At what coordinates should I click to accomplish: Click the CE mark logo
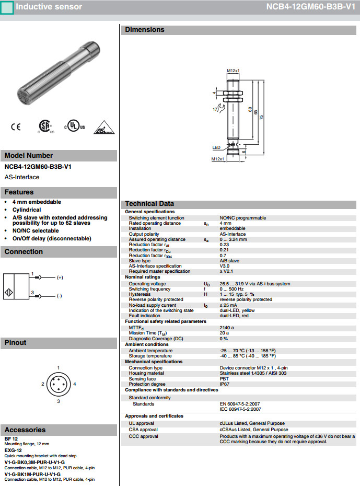click(16, 127)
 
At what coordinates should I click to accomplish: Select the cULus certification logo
click(74, 127)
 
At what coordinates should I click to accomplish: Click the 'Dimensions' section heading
click(144, 30)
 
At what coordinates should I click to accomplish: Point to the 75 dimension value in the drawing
click(261, 117)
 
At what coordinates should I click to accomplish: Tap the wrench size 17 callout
click(215, 109)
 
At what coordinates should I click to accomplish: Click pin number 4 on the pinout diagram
click(75, 384)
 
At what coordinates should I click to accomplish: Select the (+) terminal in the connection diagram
click(60, 277)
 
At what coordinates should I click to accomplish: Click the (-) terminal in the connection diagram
click(60, 296)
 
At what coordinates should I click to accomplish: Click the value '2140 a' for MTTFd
click(227, 327)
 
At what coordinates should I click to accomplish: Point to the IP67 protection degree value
click(225, 384)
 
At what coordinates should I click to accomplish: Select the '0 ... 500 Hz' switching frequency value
click(231, 289)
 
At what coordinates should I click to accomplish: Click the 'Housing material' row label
click(146, 373)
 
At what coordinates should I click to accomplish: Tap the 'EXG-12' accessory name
click(13, 450)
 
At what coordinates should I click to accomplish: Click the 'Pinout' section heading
click(15, 343)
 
